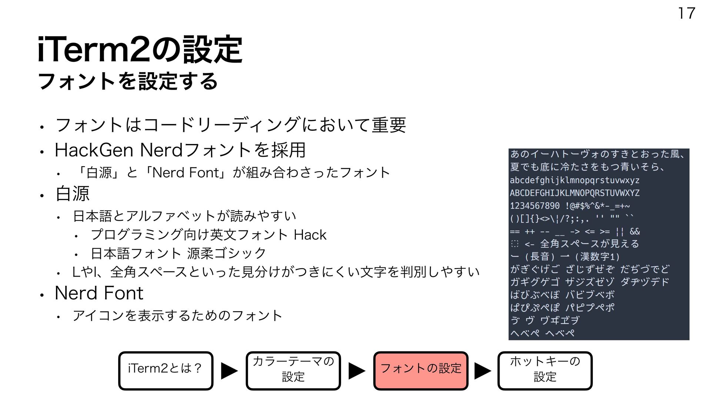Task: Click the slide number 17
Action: (686, 13)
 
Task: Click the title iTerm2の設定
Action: (140, 50)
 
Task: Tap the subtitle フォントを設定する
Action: (128, 81)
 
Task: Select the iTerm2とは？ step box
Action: (166, 371)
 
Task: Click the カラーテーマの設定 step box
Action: (293, 371)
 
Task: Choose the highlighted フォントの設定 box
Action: (421, 371)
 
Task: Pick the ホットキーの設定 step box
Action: (545, 371)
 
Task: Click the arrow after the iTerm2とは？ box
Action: (229, 371)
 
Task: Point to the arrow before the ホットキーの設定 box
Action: (483, 371)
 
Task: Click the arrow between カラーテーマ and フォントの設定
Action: (357, 371)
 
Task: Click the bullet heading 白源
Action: (72, 194)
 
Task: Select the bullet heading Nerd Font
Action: (99, 293)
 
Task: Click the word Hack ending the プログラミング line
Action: (310, 235)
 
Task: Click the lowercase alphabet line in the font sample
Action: (574, 180)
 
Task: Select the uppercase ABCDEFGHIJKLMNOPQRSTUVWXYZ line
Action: (574, 193)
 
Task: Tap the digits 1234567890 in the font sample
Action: (534, 206)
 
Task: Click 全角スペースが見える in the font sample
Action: (590, 244)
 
